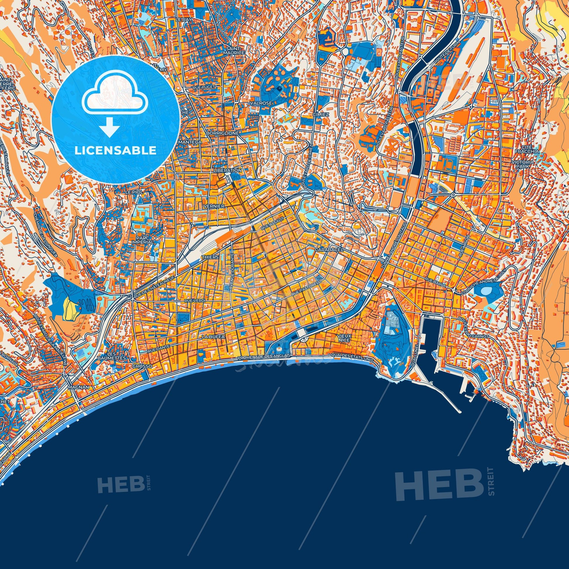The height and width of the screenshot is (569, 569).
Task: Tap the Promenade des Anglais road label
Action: click(264, 357)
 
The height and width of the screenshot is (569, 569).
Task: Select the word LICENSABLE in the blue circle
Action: click(115, 151)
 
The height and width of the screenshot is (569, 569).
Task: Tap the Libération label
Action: click(228, 170)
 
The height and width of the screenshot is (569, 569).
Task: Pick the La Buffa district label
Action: click(209, 336)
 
